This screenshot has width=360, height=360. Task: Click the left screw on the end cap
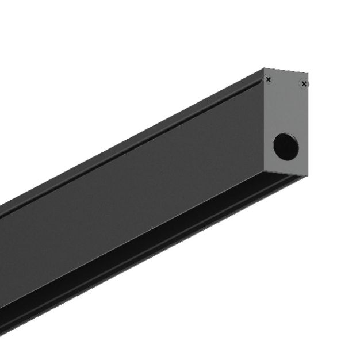pos(268,80)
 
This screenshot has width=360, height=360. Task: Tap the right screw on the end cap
pos(304,85)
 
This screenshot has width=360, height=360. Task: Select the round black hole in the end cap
pos(285,146)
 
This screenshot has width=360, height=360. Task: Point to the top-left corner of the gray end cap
pos(264,69)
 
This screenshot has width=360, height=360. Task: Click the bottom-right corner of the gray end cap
pos(307,175)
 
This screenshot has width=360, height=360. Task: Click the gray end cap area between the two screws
pos(286,83)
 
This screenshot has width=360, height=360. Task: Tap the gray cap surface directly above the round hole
pos(285,115)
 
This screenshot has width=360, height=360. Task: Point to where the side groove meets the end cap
pos(262,81)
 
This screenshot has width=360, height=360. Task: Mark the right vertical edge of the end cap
pos(308,127)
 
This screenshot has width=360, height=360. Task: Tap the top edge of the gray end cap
pos(286,71)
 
